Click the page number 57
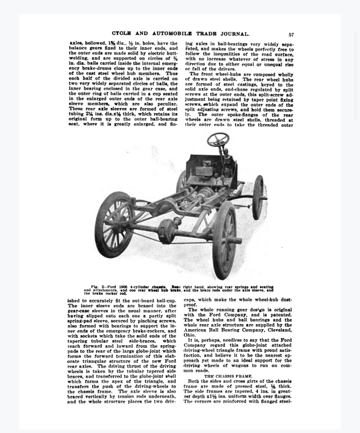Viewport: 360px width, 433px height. tap(291, 35)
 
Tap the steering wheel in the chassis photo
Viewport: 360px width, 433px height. tap(218, 140)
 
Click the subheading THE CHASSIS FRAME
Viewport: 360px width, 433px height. tap(228, 376)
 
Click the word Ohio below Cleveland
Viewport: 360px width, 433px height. tap(189, 335)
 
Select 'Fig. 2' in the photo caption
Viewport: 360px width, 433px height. tap(98, 287)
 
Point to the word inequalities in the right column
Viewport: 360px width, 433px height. tap(222, 54)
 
